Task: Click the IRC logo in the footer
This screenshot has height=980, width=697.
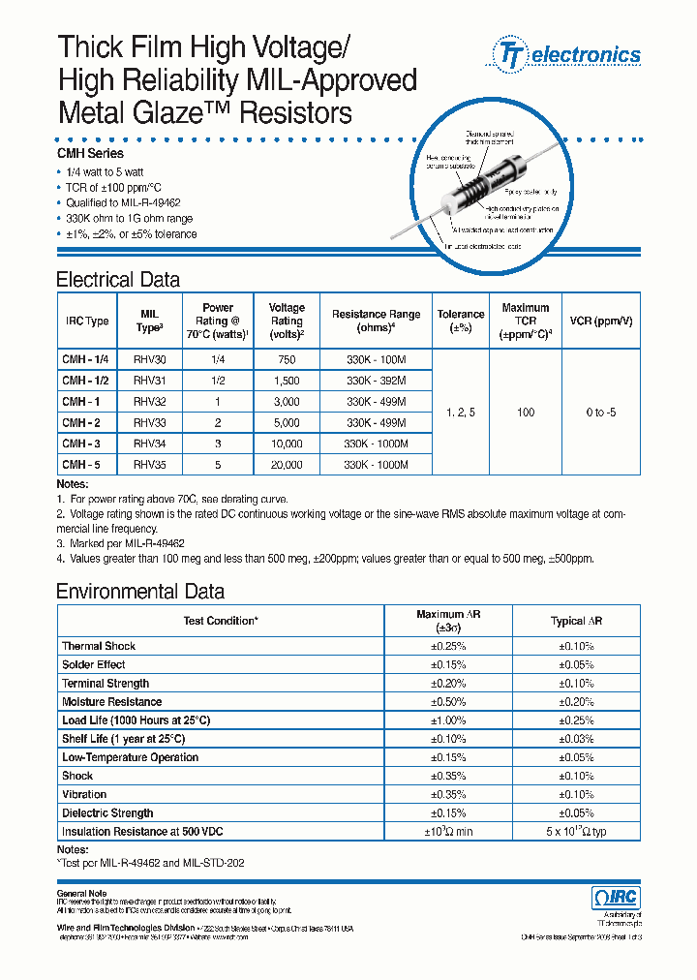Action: (615, 898)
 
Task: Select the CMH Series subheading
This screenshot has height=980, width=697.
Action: (90, 153)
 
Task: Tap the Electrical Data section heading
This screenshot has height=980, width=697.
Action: (118, 280)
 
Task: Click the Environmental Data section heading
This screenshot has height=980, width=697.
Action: (140, 592)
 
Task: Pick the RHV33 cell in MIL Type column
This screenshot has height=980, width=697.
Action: (149, 422)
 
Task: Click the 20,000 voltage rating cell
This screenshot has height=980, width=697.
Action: (287, 465)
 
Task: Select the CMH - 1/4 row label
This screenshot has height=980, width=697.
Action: (85, 358)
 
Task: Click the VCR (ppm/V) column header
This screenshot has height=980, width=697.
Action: (600, 321)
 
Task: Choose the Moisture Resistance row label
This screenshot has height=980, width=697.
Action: (111, 702)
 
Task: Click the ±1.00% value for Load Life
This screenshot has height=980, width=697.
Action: (448, 720)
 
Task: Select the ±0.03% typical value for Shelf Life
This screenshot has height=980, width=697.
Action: (576, 739)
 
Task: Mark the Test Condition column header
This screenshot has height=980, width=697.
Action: (222, 621)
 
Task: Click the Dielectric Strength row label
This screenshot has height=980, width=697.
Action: (107, 813)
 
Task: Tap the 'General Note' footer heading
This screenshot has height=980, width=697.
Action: (81, 892)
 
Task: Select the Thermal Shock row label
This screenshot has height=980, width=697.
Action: (99, 646)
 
